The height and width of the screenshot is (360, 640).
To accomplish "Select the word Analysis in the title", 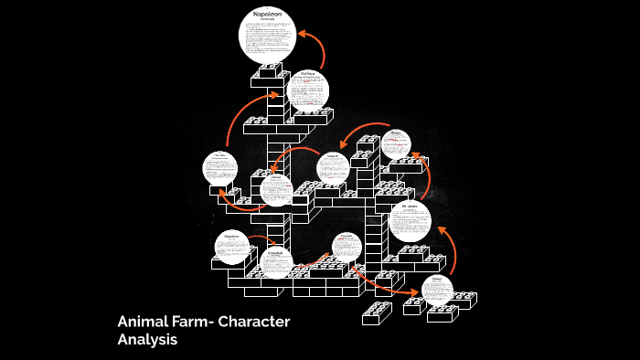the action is [147, 340].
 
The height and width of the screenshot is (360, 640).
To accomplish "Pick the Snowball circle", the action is [275, 261].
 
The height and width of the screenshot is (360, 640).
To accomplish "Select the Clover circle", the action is [276, 190].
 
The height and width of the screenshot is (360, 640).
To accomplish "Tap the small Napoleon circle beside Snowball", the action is [231, 246].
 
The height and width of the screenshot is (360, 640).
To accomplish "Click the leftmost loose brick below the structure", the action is [377, 312].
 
